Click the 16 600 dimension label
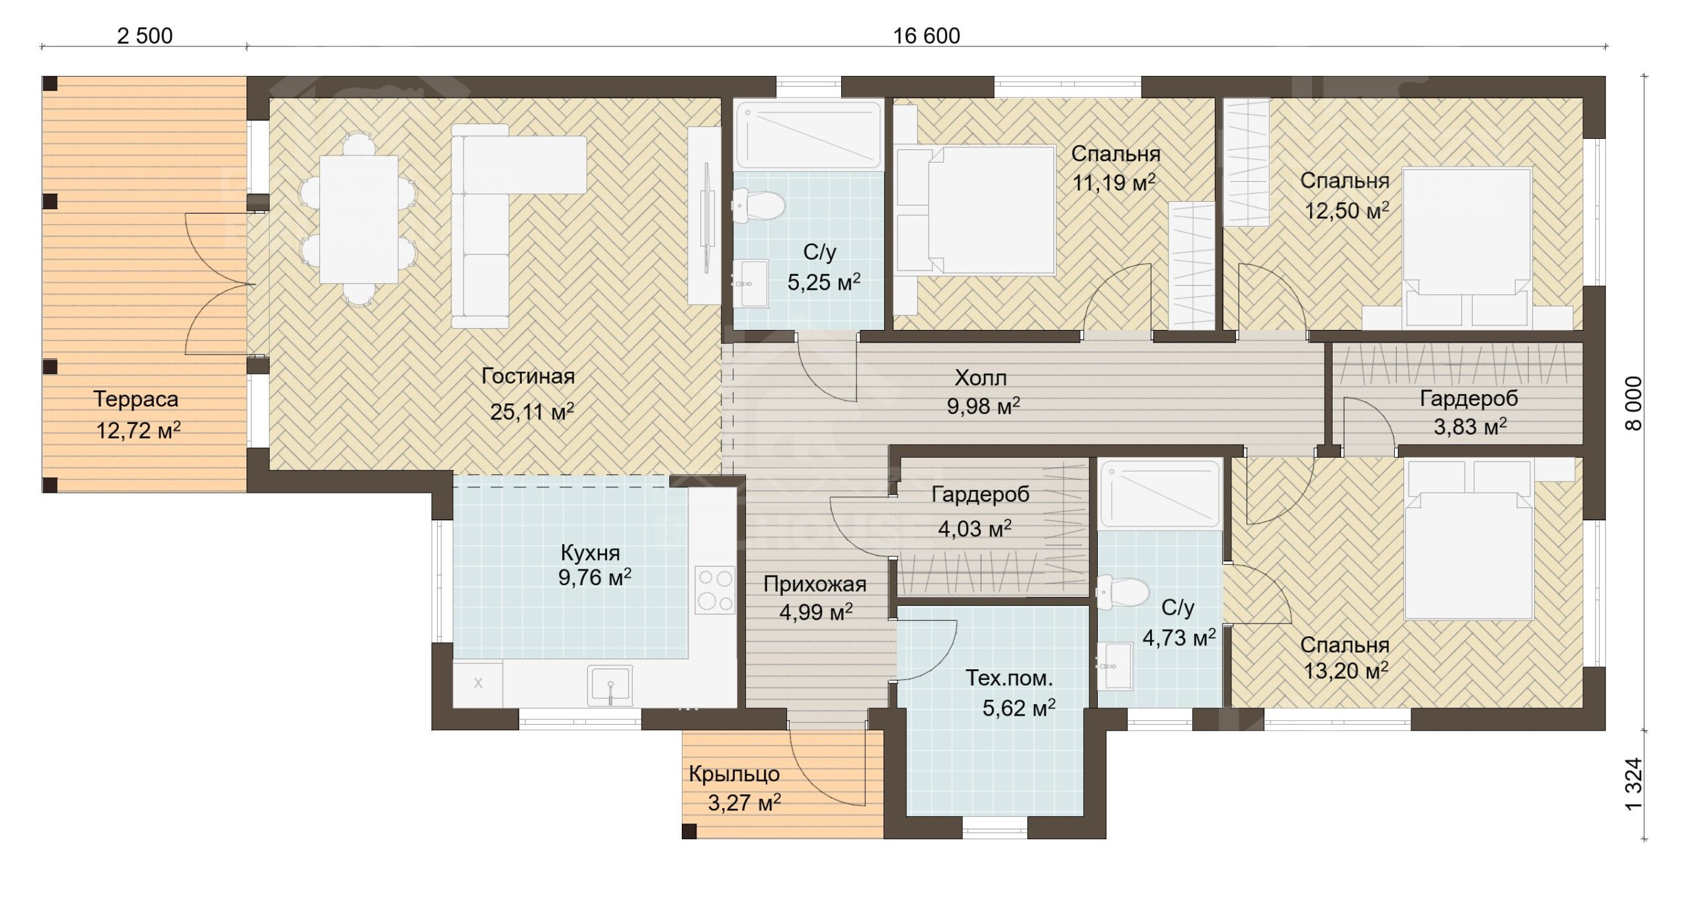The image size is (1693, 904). coord(927,36)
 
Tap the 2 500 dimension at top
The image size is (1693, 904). coord(145,36)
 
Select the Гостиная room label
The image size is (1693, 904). coord(528,376)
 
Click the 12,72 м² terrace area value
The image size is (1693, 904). coord(138,431)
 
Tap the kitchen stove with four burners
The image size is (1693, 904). coord(715,590)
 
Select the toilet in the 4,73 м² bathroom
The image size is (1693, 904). coord(1123,593)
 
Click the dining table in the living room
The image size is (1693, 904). coord(359,220)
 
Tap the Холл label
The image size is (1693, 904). coord(981,378)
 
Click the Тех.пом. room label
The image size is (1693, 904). coord(1009,678)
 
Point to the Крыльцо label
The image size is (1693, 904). coord(734,774)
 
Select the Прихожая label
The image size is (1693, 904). coord(815,584)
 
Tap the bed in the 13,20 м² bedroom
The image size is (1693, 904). coord(1468,541)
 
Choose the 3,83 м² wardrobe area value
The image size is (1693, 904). coord(1470,427)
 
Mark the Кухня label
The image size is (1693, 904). coord(591,553)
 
